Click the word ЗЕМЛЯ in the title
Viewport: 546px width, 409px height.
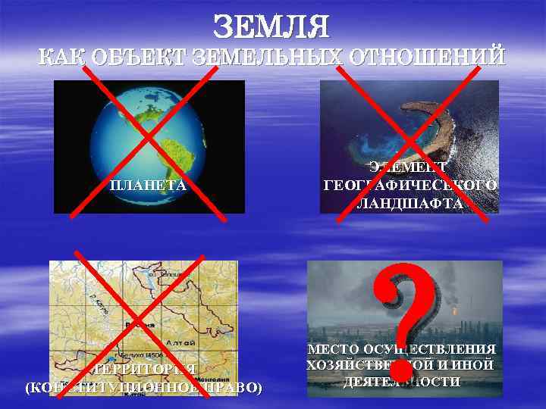[272, 27]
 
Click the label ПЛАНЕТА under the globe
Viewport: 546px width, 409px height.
[149, 185]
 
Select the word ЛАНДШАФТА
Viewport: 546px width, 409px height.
[410, 202]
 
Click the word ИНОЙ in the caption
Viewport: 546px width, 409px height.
[477, 365]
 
